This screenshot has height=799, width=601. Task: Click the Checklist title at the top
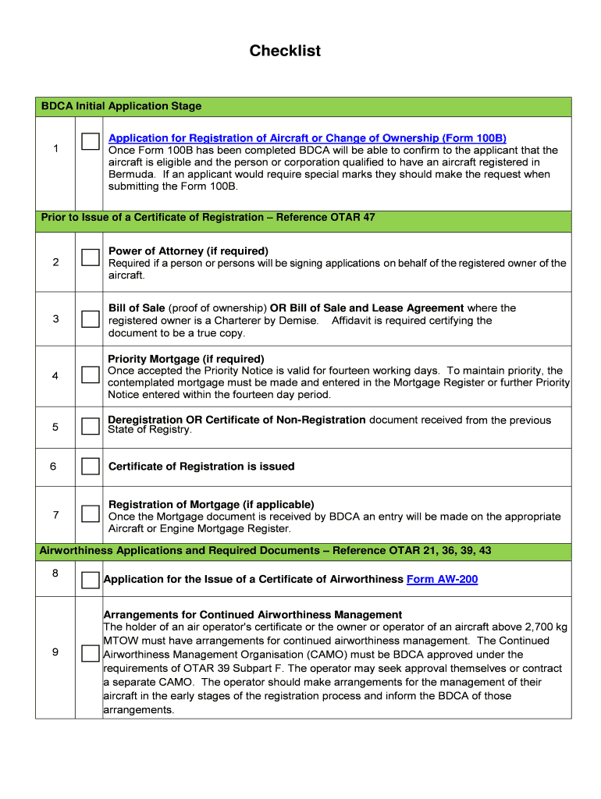[285, 51]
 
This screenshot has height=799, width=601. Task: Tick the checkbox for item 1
[91, 141]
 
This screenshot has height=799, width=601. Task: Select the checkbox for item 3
[91, 318]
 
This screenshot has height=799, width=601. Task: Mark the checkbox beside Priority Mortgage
[91, 375]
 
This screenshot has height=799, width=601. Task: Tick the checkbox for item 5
[91, 426]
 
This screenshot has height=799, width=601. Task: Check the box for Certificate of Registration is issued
[91, 467]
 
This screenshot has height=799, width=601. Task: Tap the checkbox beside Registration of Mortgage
[91, 513]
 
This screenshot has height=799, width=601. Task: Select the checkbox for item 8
[91, 580]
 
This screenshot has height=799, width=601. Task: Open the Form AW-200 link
[442, 580]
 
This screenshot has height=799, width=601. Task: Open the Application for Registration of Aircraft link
[307, 138]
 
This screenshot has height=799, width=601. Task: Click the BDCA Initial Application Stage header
[121, 106]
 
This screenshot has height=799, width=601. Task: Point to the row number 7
[55, 515]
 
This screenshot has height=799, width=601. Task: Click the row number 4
[55, 376]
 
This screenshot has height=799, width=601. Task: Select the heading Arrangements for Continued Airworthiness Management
[253, 615]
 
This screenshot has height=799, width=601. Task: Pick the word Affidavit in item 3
[355, 321]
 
